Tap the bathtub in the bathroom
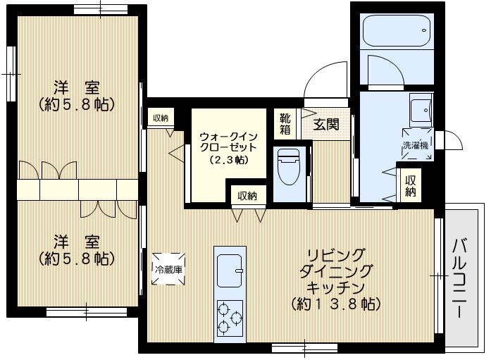point(397,30)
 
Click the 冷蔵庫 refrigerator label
point(169,268)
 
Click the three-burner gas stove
point(229,317)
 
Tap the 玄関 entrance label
point(326,125)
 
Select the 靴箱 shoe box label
point(285,124)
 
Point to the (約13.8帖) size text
point(335,304)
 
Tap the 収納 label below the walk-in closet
point(247,195)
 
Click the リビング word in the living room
point(335,254)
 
